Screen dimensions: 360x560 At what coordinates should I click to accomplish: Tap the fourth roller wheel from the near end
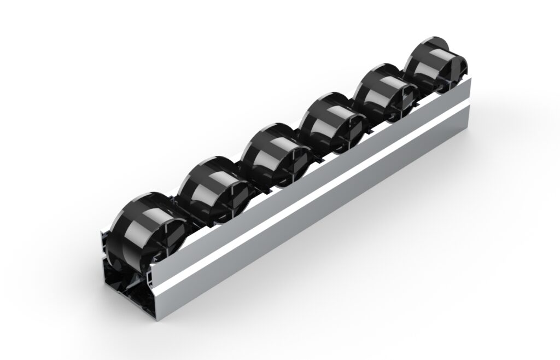pos(331,123)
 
